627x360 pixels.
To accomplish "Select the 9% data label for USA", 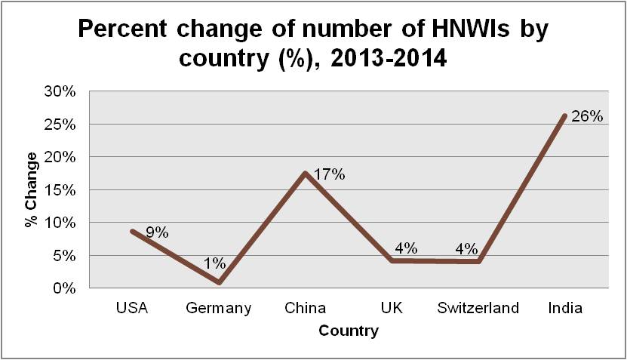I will pyautogui.click(x=157, y=232).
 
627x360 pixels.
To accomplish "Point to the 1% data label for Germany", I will pyautogui.click(x=215, y=264).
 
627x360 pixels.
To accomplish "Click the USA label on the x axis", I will pyautogui.click(x=131, y=308).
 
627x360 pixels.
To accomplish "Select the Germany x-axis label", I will pyautogui.click(x=219, y=308).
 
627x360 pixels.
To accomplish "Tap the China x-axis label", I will pyautogui.click(x=306, y=308).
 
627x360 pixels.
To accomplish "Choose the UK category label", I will pyautogui.click(x=392, y=308).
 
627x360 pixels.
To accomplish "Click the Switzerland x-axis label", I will pyautogui.click(x=479, y=308).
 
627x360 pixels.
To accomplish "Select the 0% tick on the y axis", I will pyautogui.click(x=66, y=288).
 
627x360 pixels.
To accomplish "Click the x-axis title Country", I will pyautogui.click(x=349, y=331).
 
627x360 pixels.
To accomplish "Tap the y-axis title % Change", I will pyautogui.click(x=31, y=189).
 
